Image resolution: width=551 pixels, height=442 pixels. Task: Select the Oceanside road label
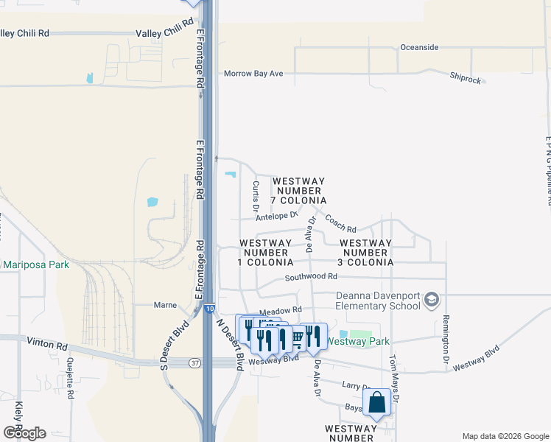419,47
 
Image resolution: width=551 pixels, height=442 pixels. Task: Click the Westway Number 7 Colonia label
299,191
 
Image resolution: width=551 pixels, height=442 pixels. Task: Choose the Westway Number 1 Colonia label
266,253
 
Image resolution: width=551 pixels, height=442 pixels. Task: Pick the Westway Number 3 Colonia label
366,253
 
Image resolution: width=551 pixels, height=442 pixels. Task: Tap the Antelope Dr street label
275,216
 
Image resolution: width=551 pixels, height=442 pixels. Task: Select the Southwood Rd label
312,277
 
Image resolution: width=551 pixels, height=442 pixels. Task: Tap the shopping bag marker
377,403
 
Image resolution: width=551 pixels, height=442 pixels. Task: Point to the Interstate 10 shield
210,309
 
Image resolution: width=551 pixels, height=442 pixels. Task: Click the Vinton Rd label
46,343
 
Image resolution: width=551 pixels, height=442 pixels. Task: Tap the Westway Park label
357,341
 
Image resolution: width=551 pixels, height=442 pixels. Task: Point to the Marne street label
164,304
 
